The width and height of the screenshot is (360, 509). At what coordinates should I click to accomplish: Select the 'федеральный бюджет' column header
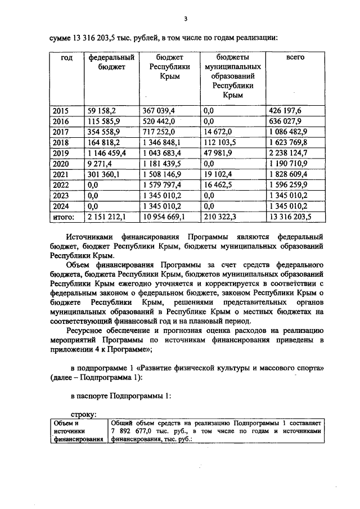click(110, 62)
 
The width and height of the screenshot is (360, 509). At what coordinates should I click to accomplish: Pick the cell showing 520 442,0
click(158, 121)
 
